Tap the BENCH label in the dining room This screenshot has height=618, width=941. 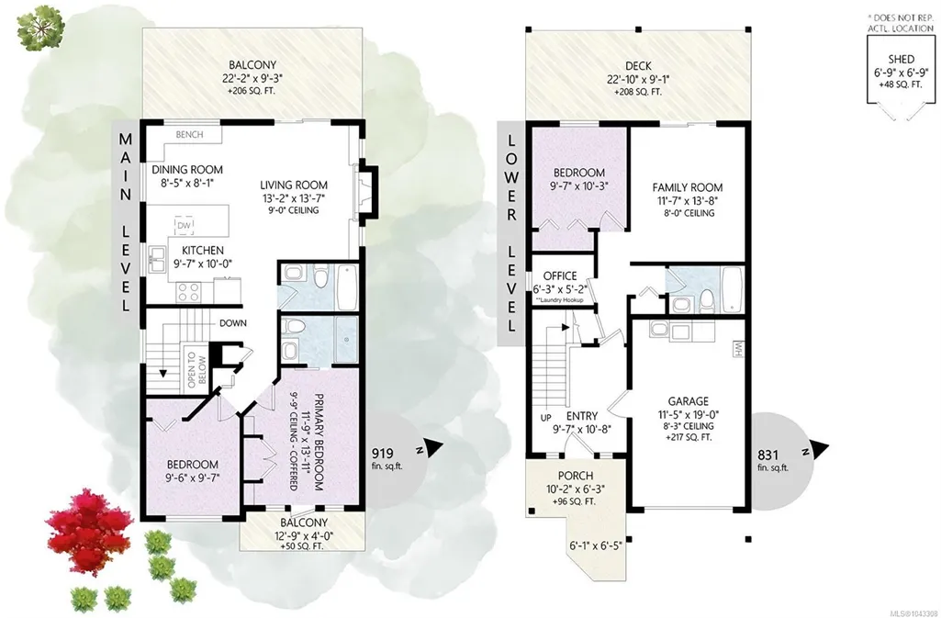190,134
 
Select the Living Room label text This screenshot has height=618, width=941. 294,185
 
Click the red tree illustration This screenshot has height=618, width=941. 88,531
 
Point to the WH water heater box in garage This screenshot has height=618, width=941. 737,349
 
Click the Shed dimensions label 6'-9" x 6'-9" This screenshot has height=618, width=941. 902,72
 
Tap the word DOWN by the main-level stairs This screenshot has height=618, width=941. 233,323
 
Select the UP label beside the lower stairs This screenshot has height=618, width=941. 546,417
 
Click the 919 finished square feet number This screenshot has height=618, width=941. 383,453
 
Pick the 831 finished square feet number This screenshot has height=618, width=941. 768,455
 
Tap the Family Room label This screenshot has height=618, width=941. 687,187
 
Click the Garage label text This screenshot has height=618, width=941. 689,400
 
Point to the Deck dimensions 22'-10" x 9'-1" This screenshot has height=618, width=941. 638,79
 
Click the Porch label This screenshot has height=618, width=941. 576,476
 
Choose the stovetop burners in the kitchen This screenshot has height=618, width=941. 188,292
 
